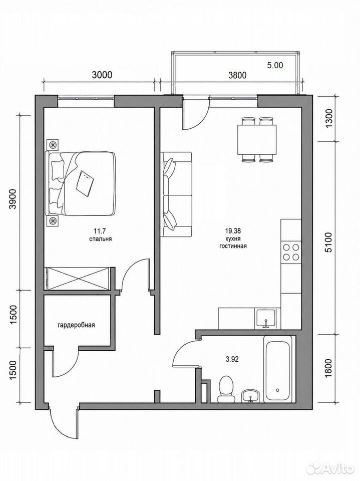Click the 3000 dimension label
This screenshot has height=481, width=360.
pyautogui.click(x=102, y=75)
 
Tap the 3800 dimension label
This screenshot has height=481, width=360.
pyautogui.click(x=237, y=75)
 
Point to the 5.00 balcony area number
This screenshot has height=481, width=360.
pyautogui.click(x=275, y=65)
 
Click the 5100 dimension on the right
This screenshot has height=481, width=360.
pyautogui.click(x=328, y=243)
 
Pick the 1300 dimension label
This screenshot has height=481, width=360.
pyautogui.click(x=328, y=119)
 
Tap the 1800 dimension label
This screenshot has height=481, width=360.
pyautogui.click(x=328, y=369)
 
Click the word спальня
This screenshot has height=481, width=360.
pyautogui.click(x=101, y=239)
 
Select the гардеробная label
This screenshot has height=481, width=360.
pyautogui.click(x=76, y=325)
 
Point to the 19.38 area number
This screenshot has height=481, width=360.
pyautogui.click(x=233, y=230)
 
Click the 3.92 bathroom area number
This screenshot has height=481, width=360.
pyautogui.click(x=232, y=359)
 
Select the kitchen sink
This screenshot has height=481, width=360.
pyautogui.click(x=265, y=319)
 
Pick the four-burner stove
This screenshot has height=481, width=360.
pyautogui.click(x=291, y=252)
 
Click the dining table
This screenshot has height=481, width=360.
pyautogui.click(x=257, y=139)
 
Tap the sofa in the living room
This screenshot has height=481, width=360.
pyautogui.click(x=176, y=194)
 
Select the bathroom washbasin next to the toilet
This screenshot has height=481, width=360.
pyautogui.click(x=251, y=395)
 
